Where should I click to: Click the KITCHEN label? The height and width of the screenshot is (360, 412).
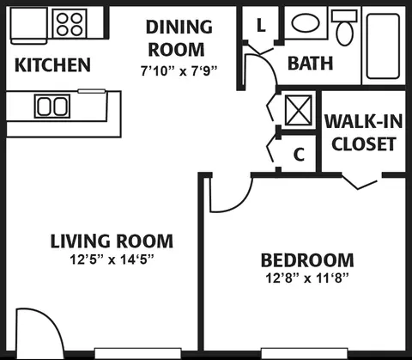pos(52,65)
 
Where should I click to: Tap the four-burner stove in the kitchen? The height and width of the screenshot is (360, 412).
pos(70,23)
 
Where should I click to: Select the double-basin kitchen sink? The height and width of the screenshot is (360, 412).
pos(52,106)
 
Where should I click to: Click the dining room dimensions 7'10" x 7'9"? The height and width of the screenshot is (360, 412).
pos(179,70)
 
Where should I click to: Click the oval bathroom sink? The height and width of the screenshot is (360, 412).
pos(306,23)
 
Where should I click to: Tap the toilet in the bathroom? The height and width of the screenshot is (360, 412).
pos(344,27)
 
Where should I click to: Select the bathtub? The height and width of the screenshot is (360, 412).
pos(383,46)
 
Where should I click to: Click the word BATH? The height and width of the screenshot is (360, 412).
pos(311,63)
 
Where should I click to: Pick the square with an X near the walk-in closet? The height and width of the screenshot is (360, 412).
pos(299,110)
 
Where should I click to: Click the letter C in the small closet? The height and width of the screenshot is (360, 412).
pos(299,155)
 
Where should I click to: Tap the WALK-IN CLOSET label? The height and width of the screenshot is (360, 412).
pos(364,132)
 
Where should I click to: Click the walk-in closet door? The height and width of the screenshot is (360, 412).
pos(361,182)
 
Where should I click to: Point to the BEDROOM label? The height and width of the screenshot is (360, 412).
pos(307,260)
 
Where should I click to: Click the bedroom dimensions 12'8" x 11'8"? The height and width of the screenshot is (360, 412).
pos(307,278)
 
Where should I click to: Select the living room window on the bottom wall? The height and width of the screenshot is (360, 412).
pos(138,353)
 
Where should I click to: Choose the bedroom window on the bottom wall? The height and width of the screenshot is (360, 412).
pos(305,353)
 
